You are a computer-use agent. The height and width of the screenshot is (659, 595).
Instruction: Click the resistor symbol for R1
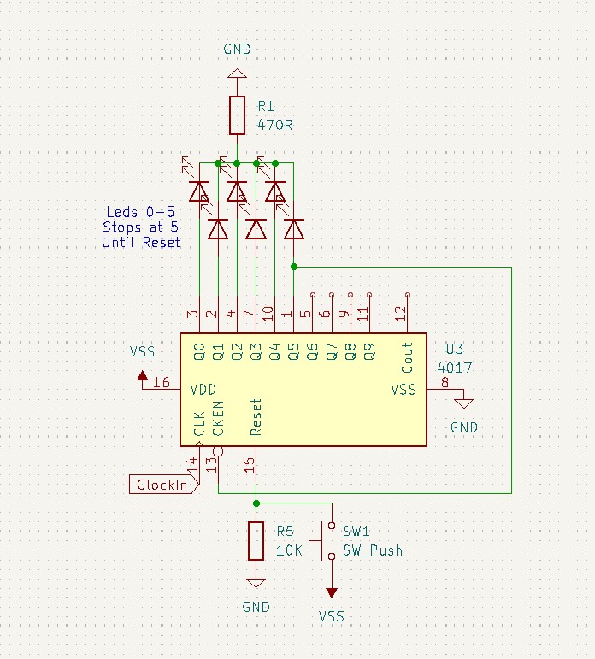click(237, 115)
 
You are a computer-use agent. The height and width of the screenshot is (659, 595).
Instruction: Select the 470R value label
click(275, 125)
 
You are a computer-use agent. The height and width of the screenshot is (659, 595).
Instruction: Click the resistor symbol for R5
click(256, 541)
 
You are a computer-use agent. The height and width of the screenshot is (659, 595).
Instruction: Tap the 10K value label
click(289, 550)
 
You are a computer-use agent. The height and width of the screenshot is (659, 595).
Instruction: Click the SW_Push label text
click(373, 550)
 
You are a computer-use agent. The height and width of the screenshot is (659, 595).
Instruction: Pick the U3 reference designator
click(455, 349)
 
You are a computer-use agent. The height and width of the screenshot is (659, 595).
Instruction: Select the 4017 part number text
click(455, 368)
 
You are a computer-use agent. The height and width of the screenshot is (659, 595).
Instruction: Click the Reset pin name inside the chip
click(256, 417)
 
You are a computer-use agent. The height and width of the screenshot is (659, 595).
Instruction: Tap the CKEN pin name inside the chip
click(218, 418)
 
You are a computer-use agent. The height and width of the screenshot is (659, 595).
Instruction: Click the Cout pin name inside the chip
click(407, 357)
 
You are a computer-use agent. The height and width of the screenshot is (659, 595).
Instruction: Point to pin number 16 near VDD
click(162, 382)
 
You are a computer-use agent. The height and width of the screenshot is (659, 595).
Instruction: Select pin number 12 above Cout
click(401, 314)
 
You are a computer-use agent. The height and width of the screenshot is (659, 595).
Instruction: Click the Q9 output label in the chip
click(369, 352)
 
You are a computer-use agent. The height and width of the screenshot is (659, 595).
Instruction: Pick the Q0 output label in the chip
click(199, 352)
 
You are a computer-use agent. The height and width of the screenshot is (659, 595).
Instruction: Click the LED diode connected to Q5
click(294, 229)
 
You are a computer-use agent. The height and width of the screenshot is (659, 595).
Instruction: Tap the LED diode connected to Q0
click(199, 191)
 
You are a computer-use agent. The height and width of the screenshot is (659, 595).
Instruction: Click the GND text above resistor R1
click(237, 50)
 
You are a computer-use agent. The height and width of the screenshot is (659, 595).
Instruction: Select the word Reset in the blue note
click(161, 242)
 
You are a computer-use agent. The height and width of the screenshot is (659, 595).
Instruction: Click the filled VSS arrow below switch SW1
click(332, 592)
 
